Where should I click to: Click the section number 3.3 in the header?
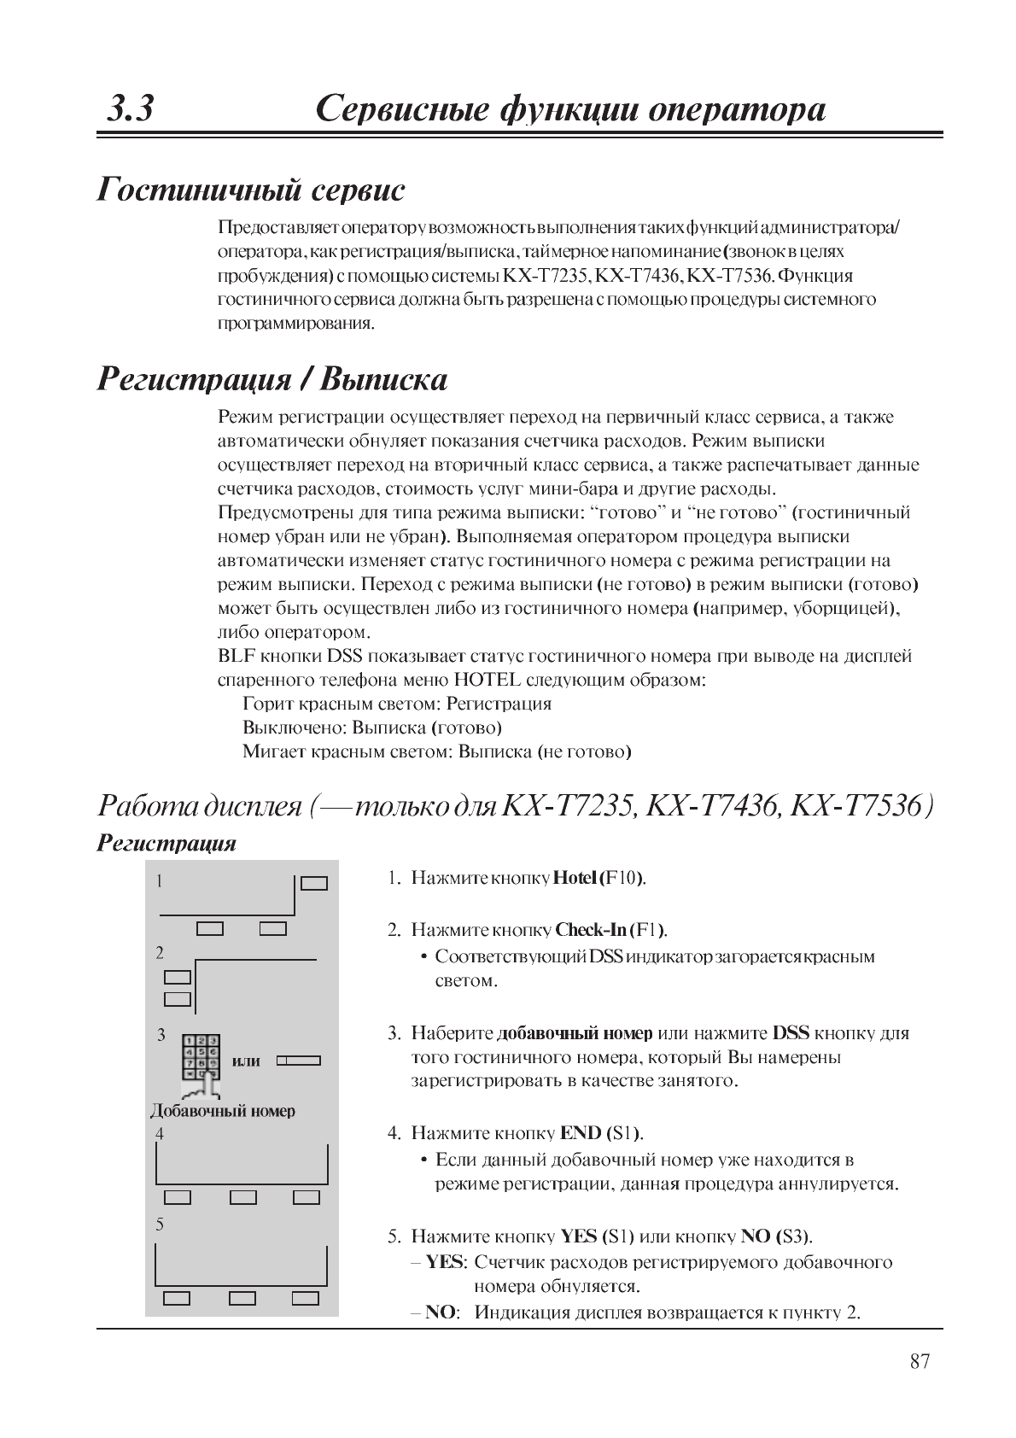[131, 110]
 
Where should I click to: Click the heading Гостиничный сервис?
[251, 189]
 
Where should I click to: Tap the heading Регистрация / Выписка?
[272, 378]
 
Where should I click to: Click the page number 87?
[919, 1361]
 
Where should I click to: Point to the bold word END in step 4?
[580, 1133]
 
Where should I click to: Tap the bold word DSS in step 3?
[791, 1033]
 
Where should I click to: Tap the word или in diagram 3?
[246, 1061]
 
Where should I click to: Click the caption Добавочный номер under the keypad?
[223, 1111]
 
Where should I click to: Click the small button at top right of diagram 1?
[314, 882]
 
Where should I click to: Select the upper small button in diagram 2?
[178, 977]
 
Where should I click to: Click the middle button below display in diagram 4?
[243, 1197]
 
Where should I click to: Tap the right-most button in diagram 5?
[305, 1298]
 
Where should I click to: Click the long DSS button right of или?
[299, 1061]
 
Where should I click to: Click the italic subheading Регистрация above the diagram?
[166, 843]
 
